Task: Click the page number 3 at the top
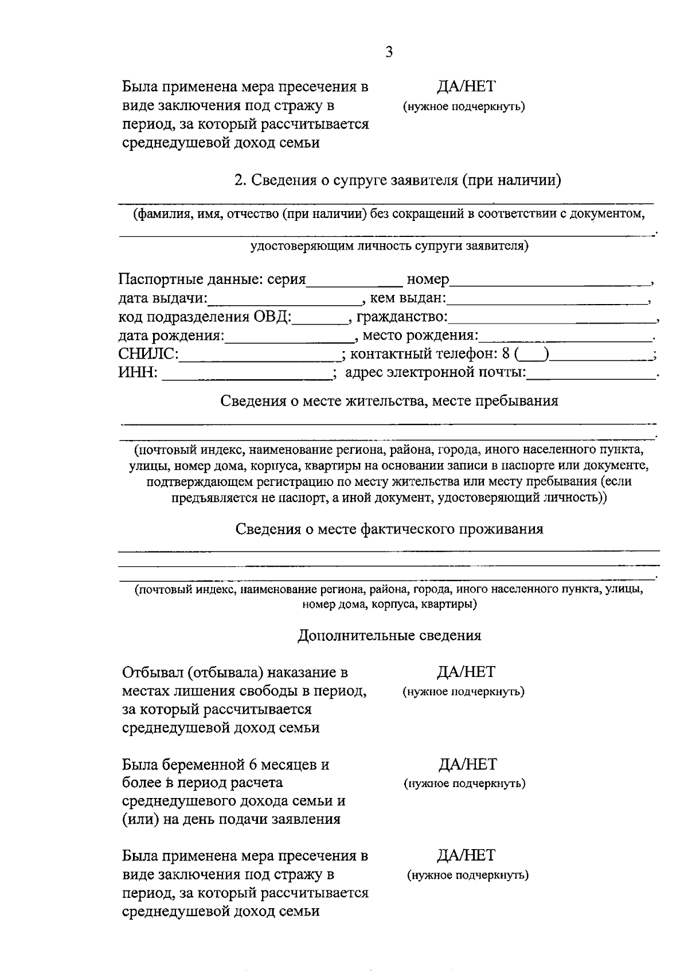tap(389, 52)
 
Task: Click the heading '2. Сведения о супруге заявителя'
tap(397, 181)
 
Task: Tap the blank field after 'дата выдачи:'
tap(284, 299)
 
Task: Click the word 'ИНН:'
tap(138, 373)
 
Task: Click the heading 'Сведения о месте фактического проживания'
tap(389, 529)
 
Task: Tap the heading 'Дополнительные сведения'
tap(389, 636)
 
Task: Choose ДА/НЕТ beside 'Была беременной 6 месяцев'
tap(467, 765)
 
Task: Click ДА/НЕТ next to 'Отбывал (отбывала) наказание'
tap(466, 672)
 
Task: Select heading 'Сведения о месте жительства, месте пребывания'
tap(389, 401)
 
